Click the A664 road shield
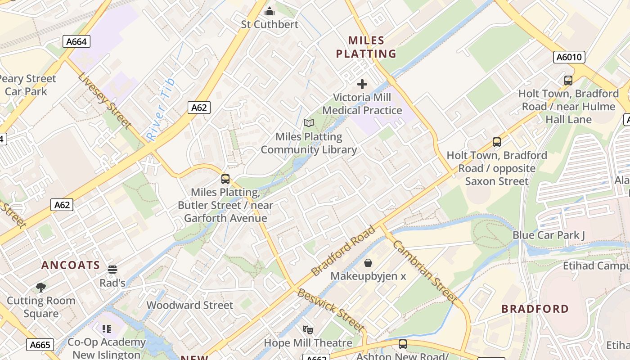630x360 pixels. tap(76, 42)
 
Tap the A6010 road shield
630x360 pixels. tap(569, 57)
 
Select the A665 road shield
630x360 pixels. tap(40, 345)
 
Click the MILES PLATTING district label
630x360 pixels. tap(366, 47)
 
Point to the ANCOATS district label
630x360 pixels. tap(71, 265)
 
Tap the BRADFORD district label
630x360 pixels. tap(535, 309)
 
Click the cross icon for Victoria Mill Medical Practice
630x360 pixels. tap(362, 84)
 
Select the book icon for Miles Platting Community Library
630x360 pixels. tap(308, 123)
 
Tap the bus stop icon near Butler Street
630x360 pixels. tap(225, 179)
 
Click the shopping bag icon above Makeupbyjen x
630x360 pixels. tap(368, 262)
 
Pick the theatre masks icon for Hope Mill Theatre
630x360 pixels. tap(307, 330)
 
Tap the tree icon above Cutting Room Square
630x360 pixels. tap(40, 287)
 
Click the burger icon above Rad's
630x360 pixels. tap(112, 270)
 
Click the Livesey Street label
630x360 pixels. tap(105, 100)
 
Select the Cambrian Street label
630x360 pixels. tap(424, 271)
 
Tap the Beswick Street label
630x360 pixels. tap(330, 310)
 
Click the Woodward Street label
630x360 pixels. tap(190, 305)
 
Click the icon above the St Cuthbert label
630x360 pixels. tap(270, 11)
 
